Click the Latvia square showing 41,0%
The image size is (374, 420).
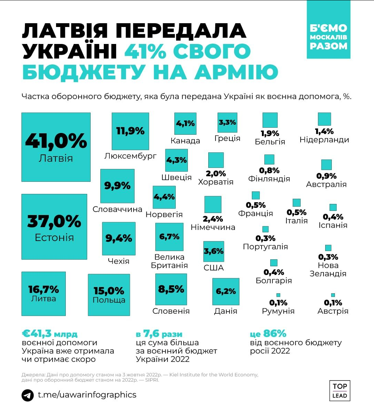pos(56,147)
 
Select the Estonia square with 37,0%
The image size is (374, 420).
pos(54,226)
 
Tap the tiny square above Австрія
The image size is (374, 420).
pos(333,295)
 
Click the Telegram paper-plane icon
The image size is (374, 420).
pos(28,395)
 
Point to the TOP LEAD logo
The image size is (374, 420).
pos(339,391)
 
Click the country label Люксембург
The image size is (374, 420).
pos(130,156)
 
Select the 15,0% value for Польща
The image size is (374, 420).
pos(109,291)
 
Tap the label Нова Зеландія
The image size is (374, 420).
pos(328,269)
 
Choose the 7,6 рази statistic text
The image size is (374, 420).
pos(159,334)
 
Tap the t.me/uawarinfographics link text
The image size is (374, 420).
pos(87,395)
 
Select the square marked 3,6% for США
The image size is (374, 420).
pos(214,251)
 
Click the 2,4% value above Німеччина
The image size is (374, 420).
pos(213,219)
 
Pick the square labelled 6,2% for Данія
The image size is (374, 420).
pos(226,292)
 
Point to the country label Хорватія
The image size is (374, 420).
pos(216,182)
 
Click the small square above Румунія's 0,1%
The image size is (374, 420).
pos(278,295)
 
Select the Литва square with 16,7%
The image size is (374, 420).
pos(44,294)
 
